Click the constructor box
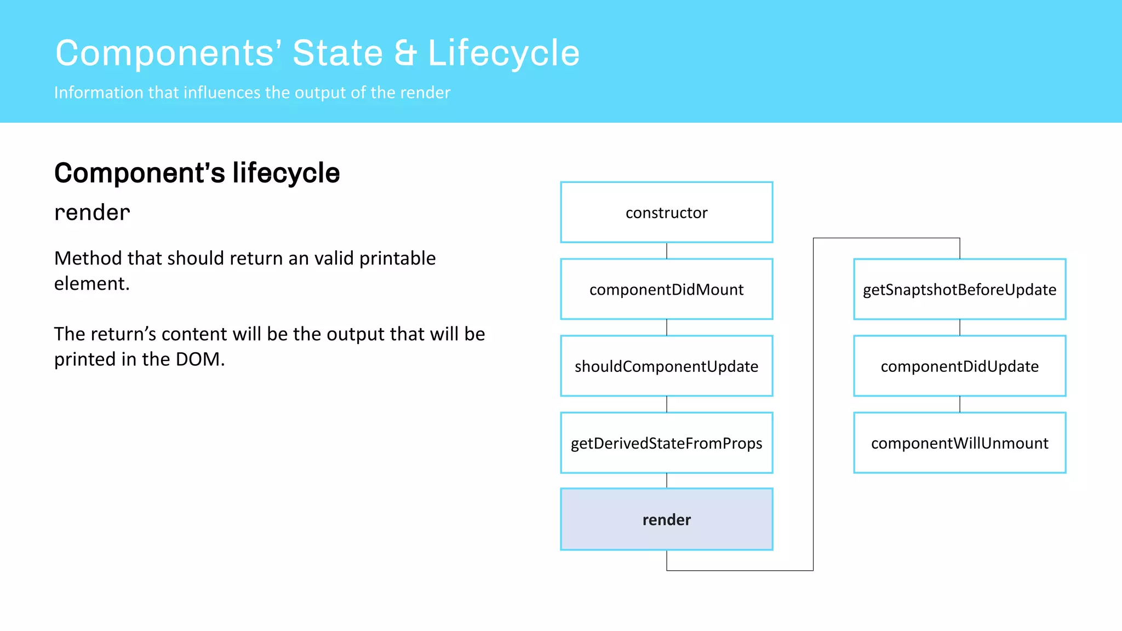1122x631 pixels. pyautogui.click(x=666, y=213)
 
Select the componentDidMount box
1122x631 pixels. pyautogui.click(x=666, y=289)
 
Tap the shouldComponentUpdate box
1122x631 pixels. pyautogui.click(x=666, y=366)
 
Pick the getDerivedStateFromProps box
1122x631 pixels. pyautogui.click(x=666, y=443)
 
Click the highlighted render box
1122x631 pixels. pyautogui.click(x=666, y=519)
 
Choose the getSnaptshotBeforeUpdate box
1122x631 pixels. pyautogui.click(x=959, y=289)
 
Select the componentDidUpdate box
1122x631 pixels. pyautogui.click(x=959, y=366)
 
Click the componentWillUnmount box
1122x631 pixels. pyautogui.click(x=959, y=443)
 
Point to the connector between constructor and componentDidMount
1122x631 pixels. pyautogui.click(x=667, y=251)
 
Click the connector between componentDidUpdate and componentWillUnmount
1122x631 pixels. pyautogui.click(x=960, y=404)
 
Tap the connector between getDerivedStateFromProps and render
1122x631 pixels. pyautogui.click(x=667, y=480)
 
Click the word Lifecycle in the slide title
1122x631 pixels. pyautogui.click(x=503, y=54)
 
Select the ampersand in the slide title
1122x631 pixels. pyautogui.click(x=405, y=54)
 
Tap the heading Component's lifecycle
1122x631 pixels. pyautogui.click(x=197, y=173)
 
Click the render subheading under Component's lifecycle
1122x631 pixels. pyautogui.click(x=92, y=213)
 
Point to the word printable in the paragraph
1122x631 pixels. pyautogui.click(x=397, y=258)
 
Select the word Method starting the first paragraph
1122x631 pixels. pyautogui.click(x=88, y=258)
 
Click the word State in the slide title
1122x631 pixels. pyautogui.click(x=337, y=54)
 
